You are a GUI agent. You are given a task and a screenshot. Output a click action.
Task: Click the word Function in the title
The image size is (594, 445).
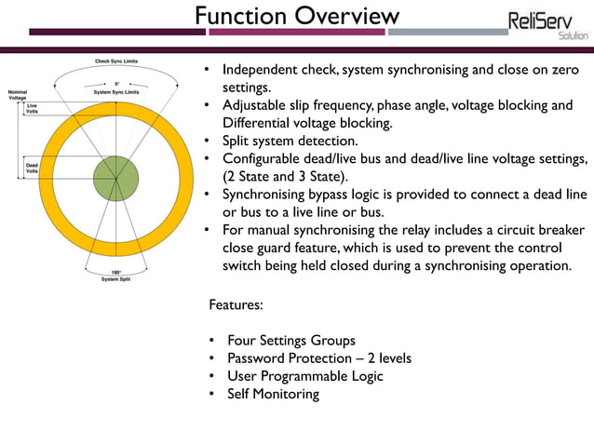(240, 16)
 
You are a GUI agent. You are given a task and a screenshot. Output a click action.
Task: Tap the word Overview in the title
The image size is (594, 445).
(345, 16)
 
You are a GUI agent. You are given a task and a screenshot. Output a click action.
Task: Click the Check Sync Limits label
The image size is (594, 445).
(118, 61)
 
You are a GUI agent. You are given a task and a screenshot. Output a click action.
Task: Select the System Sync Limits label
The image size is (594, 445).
(118, 92)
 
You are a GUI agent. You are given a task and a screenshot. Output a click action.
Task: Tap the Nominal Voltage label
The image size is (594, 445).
(18, 94)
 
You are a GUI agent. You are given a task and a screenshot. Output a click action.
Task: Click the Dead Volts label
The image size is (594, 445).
(32, 169)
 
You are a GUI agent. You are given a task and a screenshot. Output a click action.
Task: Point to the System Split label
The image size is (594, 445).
(115, 278)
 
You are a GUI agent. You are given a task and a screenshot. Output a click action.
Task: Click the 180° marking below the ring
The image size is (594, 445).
(115, 271)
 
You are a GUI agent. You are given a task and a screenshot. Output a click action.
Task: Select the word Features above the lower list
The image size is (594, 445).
(236, 304)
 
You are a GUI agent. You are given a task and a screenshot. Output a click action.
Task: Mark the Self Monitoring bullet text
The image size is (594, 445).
(273, 394)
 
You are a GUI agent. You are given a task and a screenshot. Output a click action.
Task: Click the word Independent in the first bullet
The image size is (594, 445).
(266, 70)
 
